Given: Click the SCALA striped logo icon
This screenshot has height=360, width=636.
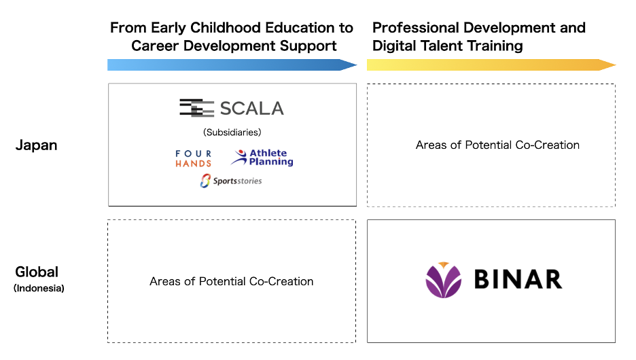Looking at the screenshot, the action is [197, 108].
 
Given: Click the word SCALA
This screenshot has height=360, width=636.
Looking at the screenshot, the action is [252, 108].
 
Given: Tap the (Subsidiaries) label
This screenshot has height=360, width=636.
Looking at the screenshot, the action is [232, 132].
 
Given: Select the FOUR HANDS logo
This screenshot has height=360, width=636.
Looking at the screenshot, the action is [194, 158].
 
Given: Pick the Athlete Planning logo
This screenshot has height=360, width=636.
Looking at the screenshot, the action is [262, 158].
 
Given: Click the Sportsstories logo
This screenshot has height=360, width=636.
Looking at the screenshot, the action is [231, 181].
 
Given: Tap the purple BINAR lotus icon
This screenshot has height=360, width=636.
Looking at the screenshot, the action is [443, 280].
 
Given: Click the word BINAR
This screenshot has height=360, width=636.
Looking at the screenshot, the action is [518, 279].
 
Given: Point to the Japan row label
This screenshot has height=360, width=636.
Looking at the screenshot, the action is [37, 145].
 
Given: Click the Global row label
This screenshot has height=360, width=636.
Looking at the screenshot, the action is [37, 272].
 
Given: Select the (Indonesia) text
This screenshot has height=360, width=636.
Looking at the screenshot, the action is [39, 288].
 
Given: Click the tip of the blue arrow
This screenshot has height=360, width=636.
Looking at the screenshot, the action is [357, 65].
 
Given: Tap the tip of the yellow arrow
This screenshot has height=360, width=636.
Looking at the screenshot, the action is [616, 65].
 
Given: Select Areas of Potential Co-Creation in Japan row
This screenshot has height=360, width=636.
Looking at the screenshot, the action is [497, 145].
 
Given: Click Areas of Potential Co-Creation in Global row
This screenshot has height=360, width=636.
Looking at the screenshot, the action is [232, 281].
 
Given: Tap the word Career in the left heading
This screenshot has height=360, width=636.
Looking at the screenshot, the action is [155, 46].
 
